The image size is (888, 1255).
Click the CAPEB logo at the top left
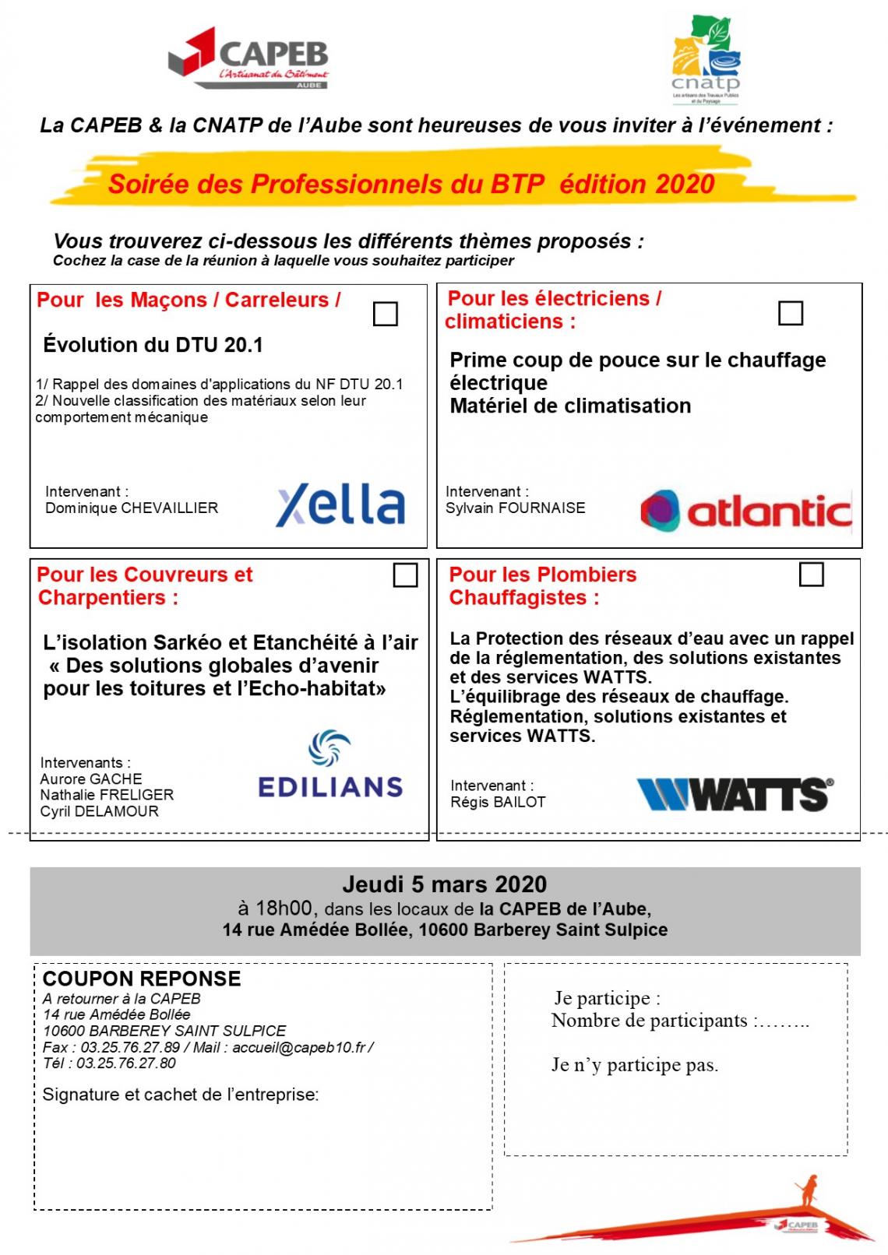pyautogui.click(x=248, y=58)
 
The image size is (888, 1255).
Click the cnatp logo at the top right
pyautogui.click(x=706, y=60)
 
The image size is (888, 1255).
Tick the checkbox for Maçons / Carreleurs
pyautogui.click(x=386, y=314)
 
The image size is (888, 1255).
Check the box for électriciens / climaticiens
pyautogui.click(x=791, y=313)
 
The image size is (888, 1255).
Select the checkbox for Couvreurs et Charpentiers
pyautogui.click(x=405, y=575)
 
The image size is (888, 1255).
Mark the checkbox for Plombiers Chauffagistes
pyautogui.click(x=812, y=575)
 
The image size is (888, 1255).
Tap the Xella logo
pyautogui.click(x=340, y=505)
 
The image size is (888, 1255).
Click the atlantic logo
pyautogui.click(x=745, y=511)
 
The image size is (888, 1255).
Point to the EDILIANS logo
pyautogui.click(x=330, y=765)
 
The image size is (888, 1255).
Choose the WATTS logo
pyautogui.click(x=735, y=794)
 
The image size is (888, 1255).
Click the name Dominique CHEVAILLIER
pyautogui.click(x=132, y=508)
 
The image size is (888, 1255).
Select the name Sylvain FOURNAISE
pyautogui.click(x=515, y=508)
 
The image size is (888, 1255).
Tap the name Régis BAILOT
pyautogui.click(x=498, y=802)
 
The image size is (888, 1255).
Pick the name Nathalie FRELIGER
pyautogui.click(x=107, y=795)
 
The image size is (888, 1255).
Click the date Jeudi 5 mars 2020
pyautogui.click(x=445, y=884)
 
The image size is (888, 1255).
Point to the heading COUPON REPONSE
pyautogui.click(x=142, y=979)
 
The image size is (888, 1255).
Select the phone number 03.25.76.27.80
pyautogui.click(x=126, y=1063)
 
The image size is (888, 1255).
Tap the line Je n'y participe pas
pyautogui.click(x=635, y=1065)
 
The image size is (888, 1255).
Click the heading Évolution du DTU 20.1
pyautogui.click(x=153, y=345)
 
